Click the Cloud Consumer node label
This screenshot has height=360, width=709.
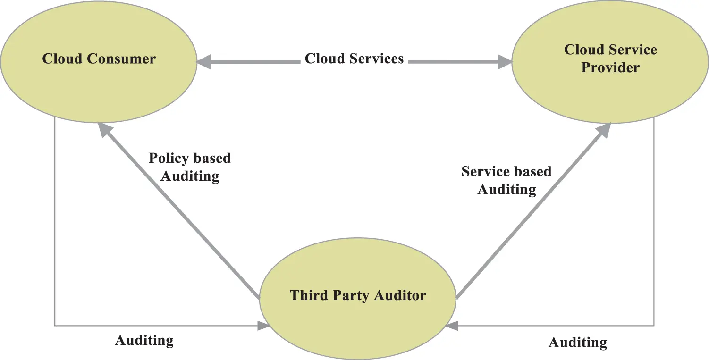tap(99, 59)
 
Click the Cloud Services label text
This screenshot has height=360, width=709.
tap(354, 59)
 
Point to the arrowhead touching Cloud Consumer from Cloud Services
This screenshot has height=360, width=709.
tap(204, 61)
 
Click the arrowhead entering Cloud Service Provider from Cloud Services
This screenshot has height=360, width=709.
tap(505, 61)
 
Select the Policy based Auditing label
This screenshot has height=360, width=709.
tap(190, 167)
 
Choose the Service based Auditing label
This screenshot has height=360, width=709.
tap(506, 180)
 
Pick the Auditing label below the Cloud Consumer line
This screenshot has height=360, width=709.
tap(144, 340)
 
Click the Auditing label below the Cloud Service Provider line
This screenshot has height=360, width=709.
tap(577, 342)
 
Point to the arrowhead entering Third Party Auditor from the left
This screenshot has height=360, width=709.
tap(263, 326)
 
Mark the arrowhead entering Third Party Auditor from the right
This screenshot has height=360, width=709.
tap(451, 326)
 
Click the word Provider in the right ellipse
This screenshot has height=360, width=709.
tap(610, 67)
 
